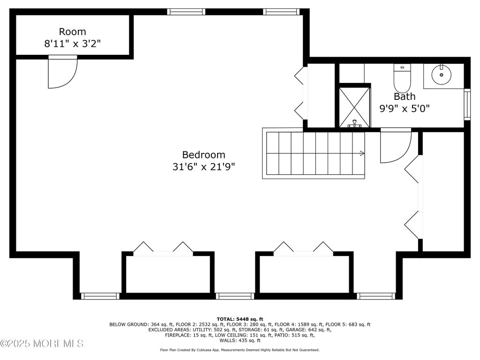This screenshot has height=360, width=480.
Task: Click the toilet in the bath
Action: coord(402,79)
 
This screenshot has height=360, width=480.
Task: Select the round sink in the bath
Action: coord(441,75)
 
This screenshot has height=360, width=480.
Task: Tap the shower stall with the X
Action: coord(354,105)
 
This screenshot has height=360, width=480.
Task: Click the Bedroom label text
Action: coord(203,155)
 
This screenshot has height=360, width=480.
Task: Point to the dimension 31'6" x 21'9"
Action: coord(203,167)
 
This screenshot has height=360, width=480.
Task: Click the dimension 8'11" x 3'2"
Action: coord(73,44)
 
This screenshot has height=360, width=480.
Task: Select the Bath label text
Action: coord(404,97)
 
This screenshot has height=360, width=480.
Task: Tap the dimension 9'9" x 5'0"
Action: coord(404,108)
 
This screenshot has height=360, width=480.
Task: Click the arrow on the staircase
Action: coord(362,153)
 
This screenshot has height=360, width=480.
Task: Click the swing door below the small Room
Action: coord(62,71)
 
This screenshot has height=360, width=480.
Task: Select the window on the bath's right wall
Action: coord(467,104)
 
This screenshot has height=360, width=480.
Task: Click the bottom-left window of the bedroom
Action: coord(100,296)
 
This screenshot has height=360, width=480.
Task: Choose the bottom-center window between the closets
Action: coord(235,296)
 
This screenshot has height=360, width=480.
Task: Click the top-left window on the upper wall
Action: coord(187,12)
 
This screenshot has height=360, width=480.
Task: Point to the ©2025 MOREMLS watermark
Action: coord(42,344)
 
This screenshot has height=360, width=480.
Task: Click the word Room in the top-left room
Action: coord(73,32)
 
